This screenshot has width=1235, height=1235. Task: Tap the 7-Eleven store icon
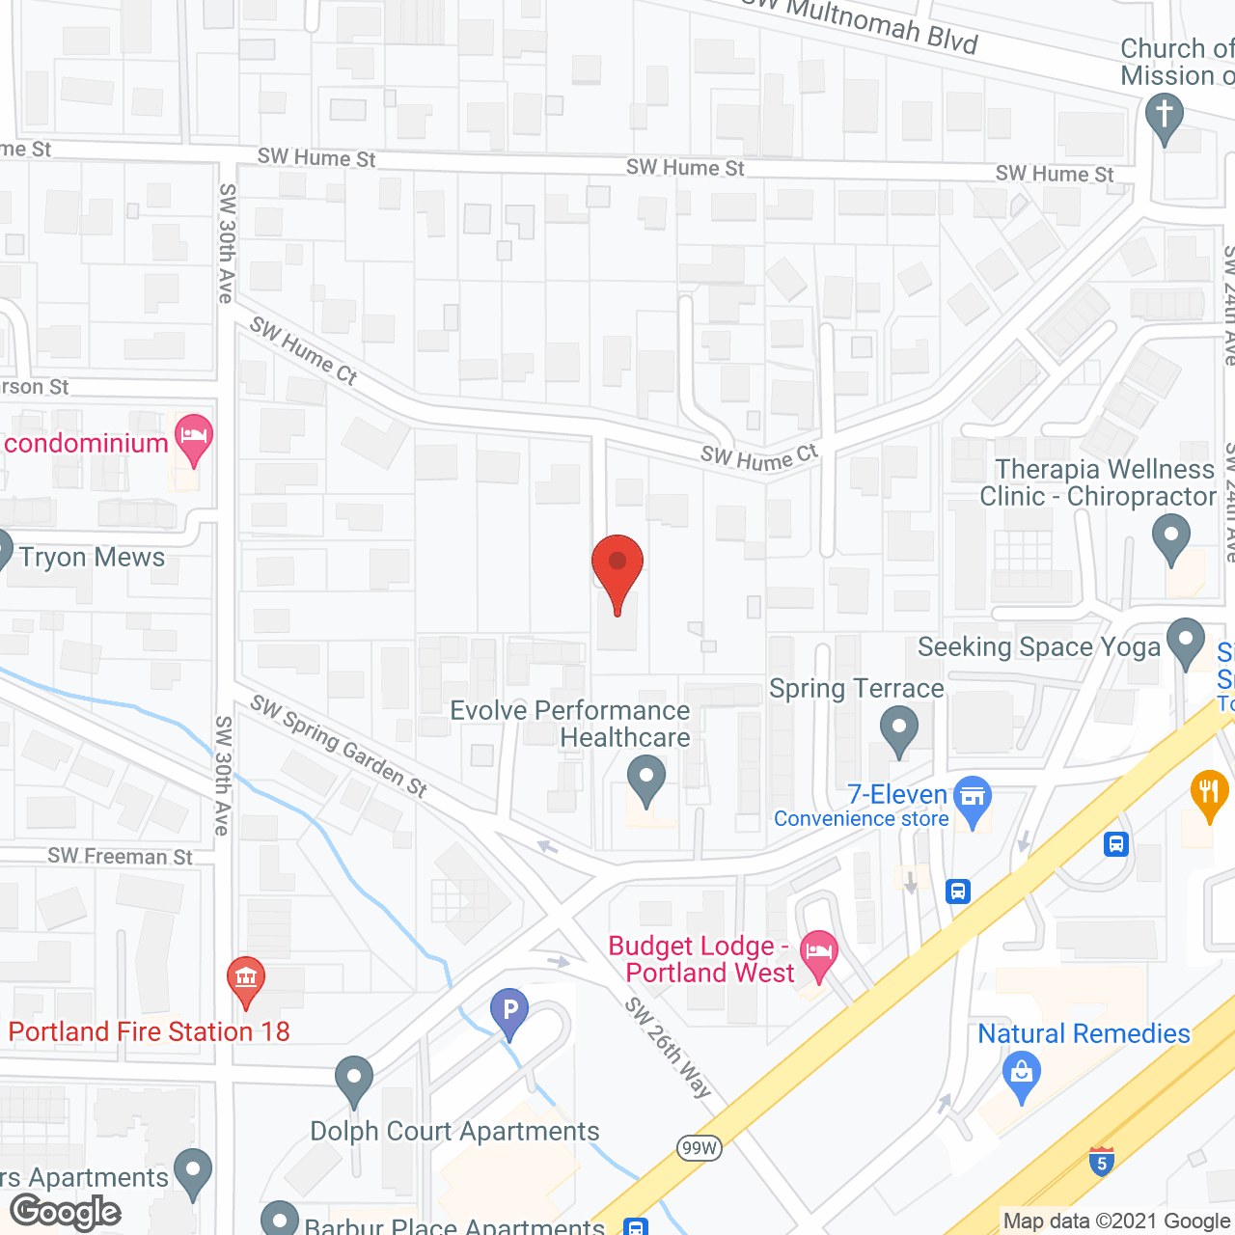pyautogui.click(x=973, y=800)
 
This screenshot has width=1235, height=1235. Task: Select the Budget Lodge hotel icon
pyautogui.click(x=819, y=953)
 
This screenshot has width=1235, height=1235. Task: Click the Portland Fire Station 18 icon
pyautogui.click(x=246, y=979)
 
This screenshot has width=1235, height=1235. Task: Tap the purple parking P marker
pyautogui.click(x=509, y=1012)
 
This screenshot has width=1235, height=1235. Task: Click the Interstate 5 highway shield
pyautogui.click(x=1102, y=1161)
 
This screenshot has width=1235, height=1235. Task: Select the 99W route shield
pyautogui.click(x=699, y=1147)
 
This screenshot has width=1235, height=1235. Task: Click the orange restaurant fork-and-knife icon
pyautogui.click(x=1208, y=794)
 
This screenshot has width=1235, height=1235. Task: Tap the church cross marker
pyautogui.click(x=1165, y=117)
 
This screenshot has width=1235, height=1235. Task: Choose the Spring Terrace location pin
pyautogui.click(x=899, y=728)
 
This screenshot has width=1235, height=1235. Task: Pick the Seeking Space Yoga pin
pyautogui.click(x=1186, y=641)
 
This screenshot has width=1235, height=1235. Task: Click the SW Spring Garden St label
pyautogui.click(x=338, y=745)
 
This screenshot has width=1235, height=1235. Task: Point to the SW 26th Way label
pyautogui.click(x=668, y=1047)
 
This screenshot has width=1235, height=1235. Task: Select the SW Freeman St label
pyautogui.click(x=120, y=856)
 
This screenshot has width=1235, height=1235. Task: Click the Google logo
pyautogui.click(x=66, y=1212)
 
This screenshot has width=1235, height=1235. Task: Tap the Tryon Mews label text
pyautogui.click(x=92, y=558)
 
